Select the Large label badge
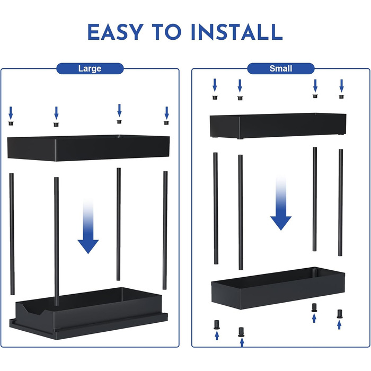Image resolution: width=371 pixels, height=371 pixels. [x=90, y=68]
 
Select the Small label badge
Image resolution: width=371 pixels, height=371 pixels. [x=281, y=68]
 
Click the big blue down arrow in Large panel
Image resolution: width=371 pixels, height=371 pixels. [x=88, y=227]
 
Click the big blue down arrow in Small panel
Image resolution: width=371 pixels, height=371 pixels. [x=281, y=204]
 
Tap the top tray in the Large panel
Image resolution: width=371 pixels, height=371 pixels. [x=89, y=148]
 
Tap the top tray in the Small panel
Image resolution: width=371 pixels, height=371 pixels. [x=278, y=126]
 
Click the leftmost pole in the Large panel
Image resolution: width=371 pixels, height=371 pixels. [x=12, y=234]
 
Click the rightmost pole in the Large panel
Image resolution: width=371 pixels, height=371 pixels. [x=165, y=230]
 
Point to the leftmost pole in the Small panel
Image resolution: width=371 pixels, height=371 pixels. [x=216, y=208]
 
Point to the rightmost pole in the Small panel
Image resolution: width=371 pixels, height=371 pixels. [x=340, y=202]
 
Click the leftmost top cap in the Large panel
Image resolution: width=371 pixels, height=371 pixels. [x=11, y=123]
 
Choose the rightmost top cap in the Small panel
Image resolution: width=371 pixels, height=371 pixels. [x=341, y=96]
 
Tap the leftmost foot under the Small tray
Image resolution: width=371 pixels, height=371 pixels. [x=216, y=325]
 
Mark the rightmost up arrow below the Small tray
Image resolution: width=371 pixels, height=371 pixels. [x=339, y=324]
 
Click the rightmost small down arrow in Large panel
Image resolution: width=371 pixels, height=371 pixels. [x=167, y=113]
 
